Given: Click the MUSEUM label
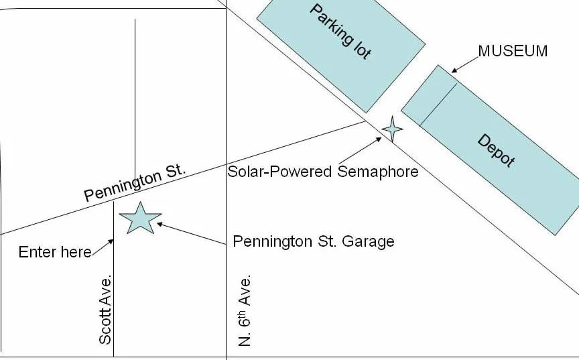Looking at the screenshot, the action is coord(513,51).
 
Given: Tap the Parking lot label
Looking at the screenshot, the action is coord(340,32).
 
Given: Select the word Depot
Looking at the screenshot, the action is coord(497,151).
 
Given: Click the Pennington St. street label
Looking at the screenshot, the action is coord(135,185).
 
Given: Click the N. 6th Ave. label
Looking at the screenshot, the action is coord(245,310).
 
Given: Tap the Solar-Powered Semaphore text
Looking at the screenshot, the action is coord(323,172).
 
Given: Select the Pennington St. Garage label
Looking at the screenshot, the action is coord(314,241).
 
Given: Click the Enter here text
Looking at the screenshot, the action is coord(55,252).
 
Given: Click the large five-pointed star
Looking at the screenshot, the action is coord(140,217).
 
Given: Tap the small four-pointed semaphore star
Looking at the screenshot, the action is coord(392,128).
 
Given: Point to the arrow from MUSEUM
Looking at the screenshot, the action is coord(464,64).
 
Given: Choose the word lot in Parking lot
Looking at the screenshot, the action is coord(359,48).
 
